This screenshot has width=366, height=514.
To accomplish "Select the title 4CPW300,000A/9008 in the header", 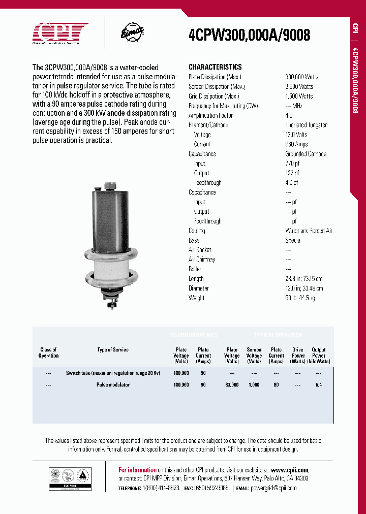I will (x=249, y=35).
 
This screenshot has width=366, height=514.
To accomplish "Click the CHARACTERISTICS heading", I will (x=215, y=67).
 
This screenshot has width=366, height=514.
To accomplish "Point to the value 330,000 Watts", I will (x=302, y=77).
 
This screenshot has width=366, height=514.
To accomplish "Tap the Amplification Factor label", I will (x=210, y=115).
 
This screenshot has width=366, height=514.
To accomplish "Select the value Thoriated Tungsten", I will (x=306, y=125).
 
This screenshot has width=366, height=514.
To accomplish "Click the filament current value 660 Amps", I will (x=298, y=144).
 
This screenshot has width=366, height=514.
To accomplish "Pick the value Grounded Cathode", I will (x=306, y=154).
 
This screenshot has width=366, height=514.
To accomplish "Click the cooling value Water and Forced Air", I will (x=309, y=231).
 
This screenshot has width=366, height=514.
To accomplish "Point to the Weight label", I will (x=196, y=298).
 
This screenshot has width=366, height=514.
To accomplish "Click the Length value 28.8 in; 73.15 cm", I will (x=303, y=278).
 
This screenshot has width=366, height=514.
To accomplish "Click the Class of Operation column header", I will (x=48, y=352).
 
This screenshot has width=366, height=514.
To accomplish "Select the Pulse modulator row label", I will (x=113, y=385).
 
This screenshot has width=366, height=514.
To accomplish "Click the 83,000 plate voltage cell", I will (x=231, y=385).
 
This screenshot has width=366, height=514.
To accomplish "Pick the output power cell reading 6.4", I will (x=318, y=385).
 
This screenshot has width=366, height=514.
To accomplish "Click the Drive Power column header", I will (x=298, y=356).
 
